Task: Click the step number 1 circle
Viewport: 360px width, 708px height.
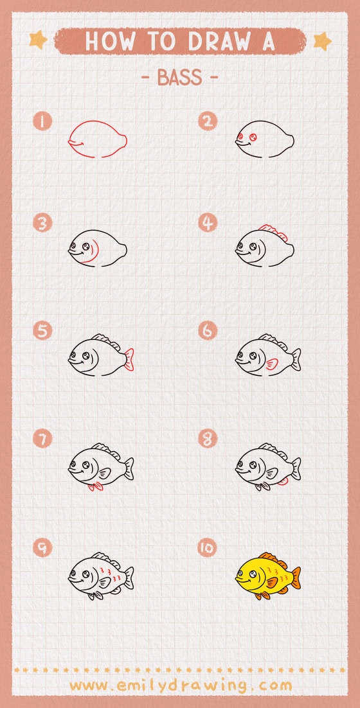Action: click(x=42, y=121)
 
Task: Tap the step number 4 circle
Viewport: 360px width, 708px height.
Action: click(x=207, y=223)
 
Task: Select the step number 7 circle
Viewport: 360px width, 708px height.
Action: click(x=42, y=439)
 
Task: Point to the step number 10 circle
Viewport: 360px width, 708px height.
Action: click(x=207, y=548)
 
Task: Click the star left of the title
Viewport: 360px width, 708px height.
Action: click(x=38, y=41)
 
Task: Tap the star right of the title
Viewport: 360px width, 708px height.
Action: click(x=322, y=41)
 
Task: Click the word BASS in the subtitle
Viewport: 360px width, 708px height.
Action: click(x=179, y=78)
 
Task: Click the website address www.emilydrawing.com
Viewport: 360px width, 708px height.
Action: click(x=180, y=686)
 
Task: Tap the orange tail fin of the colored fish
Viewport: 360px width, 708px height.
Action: click(x=295, y=577)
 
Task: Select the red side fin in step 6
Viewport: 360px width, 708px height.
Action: click(x=273, y=365)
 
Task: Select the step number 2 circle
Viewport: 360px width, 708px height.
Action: click(x=207, y=121)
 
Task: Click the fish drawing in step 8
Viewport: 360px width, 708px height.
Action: click(x=267, y=466)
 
